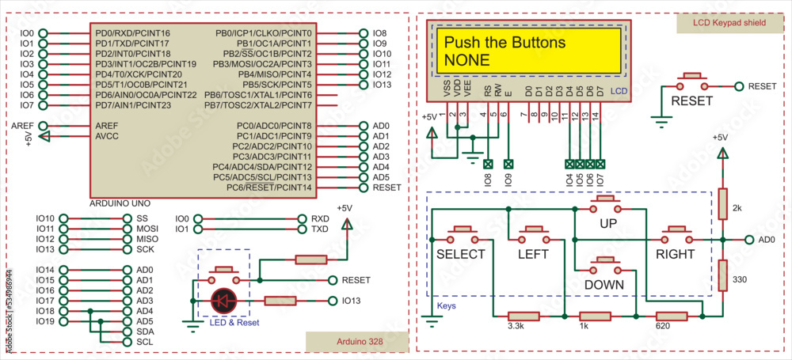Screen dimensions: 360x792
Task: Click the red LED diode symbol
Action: coord(224,301)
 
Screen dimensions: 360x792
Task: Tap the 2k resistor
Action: coord(722,203)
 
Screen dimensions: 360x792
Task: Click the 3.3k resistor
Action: coord(523,316)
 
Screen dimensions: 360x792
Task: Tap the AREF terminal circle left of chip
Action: coord(43,126)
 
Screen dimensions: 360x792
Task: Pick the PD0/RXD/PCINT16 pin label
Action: coord(132,33)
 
